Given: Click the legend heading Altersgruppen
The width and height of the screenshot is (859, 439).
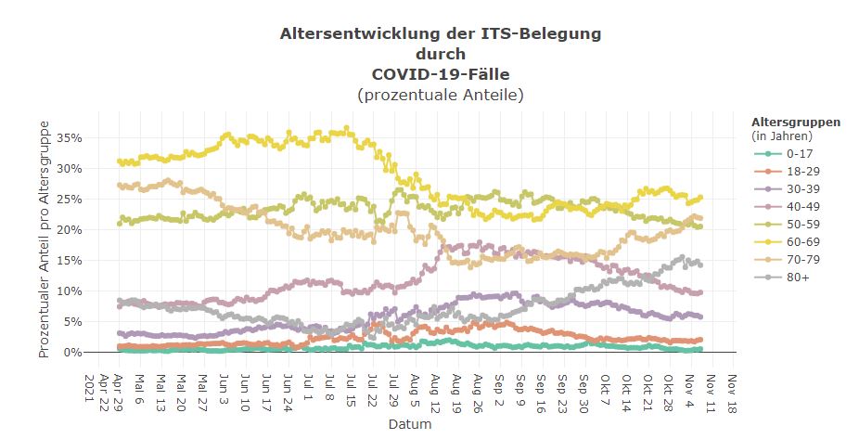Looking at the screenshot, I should click(x=796, y=122).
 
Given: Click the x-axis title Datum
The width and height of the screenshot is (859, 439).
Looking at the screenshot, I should click(x=408, y=423).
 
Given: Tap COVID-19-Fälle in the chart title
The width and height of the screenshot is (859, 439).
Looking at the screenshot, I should click(x=441, y=73).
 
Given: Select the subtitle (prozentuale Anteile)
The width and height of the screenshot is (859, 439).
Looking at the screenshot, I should click(x=441, y=94).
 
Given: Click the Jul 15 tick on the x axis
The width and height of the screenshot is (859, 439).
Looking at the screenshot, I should click(x=352, y=385).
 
